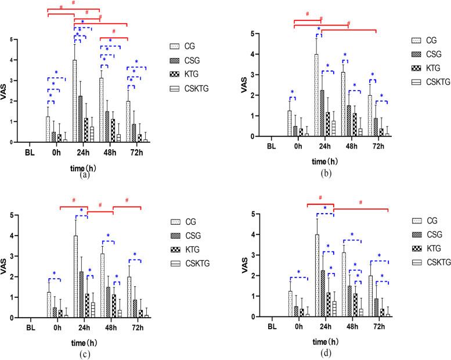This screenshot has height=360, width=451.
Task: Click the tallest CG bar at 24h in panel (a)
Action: click(x=74, y=101)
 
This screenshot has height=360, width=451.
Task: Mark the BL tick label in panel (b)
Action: click(x=271, y=146)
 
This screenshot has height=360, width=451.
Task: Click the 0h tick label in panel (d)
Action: click(x=298, y=327)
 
